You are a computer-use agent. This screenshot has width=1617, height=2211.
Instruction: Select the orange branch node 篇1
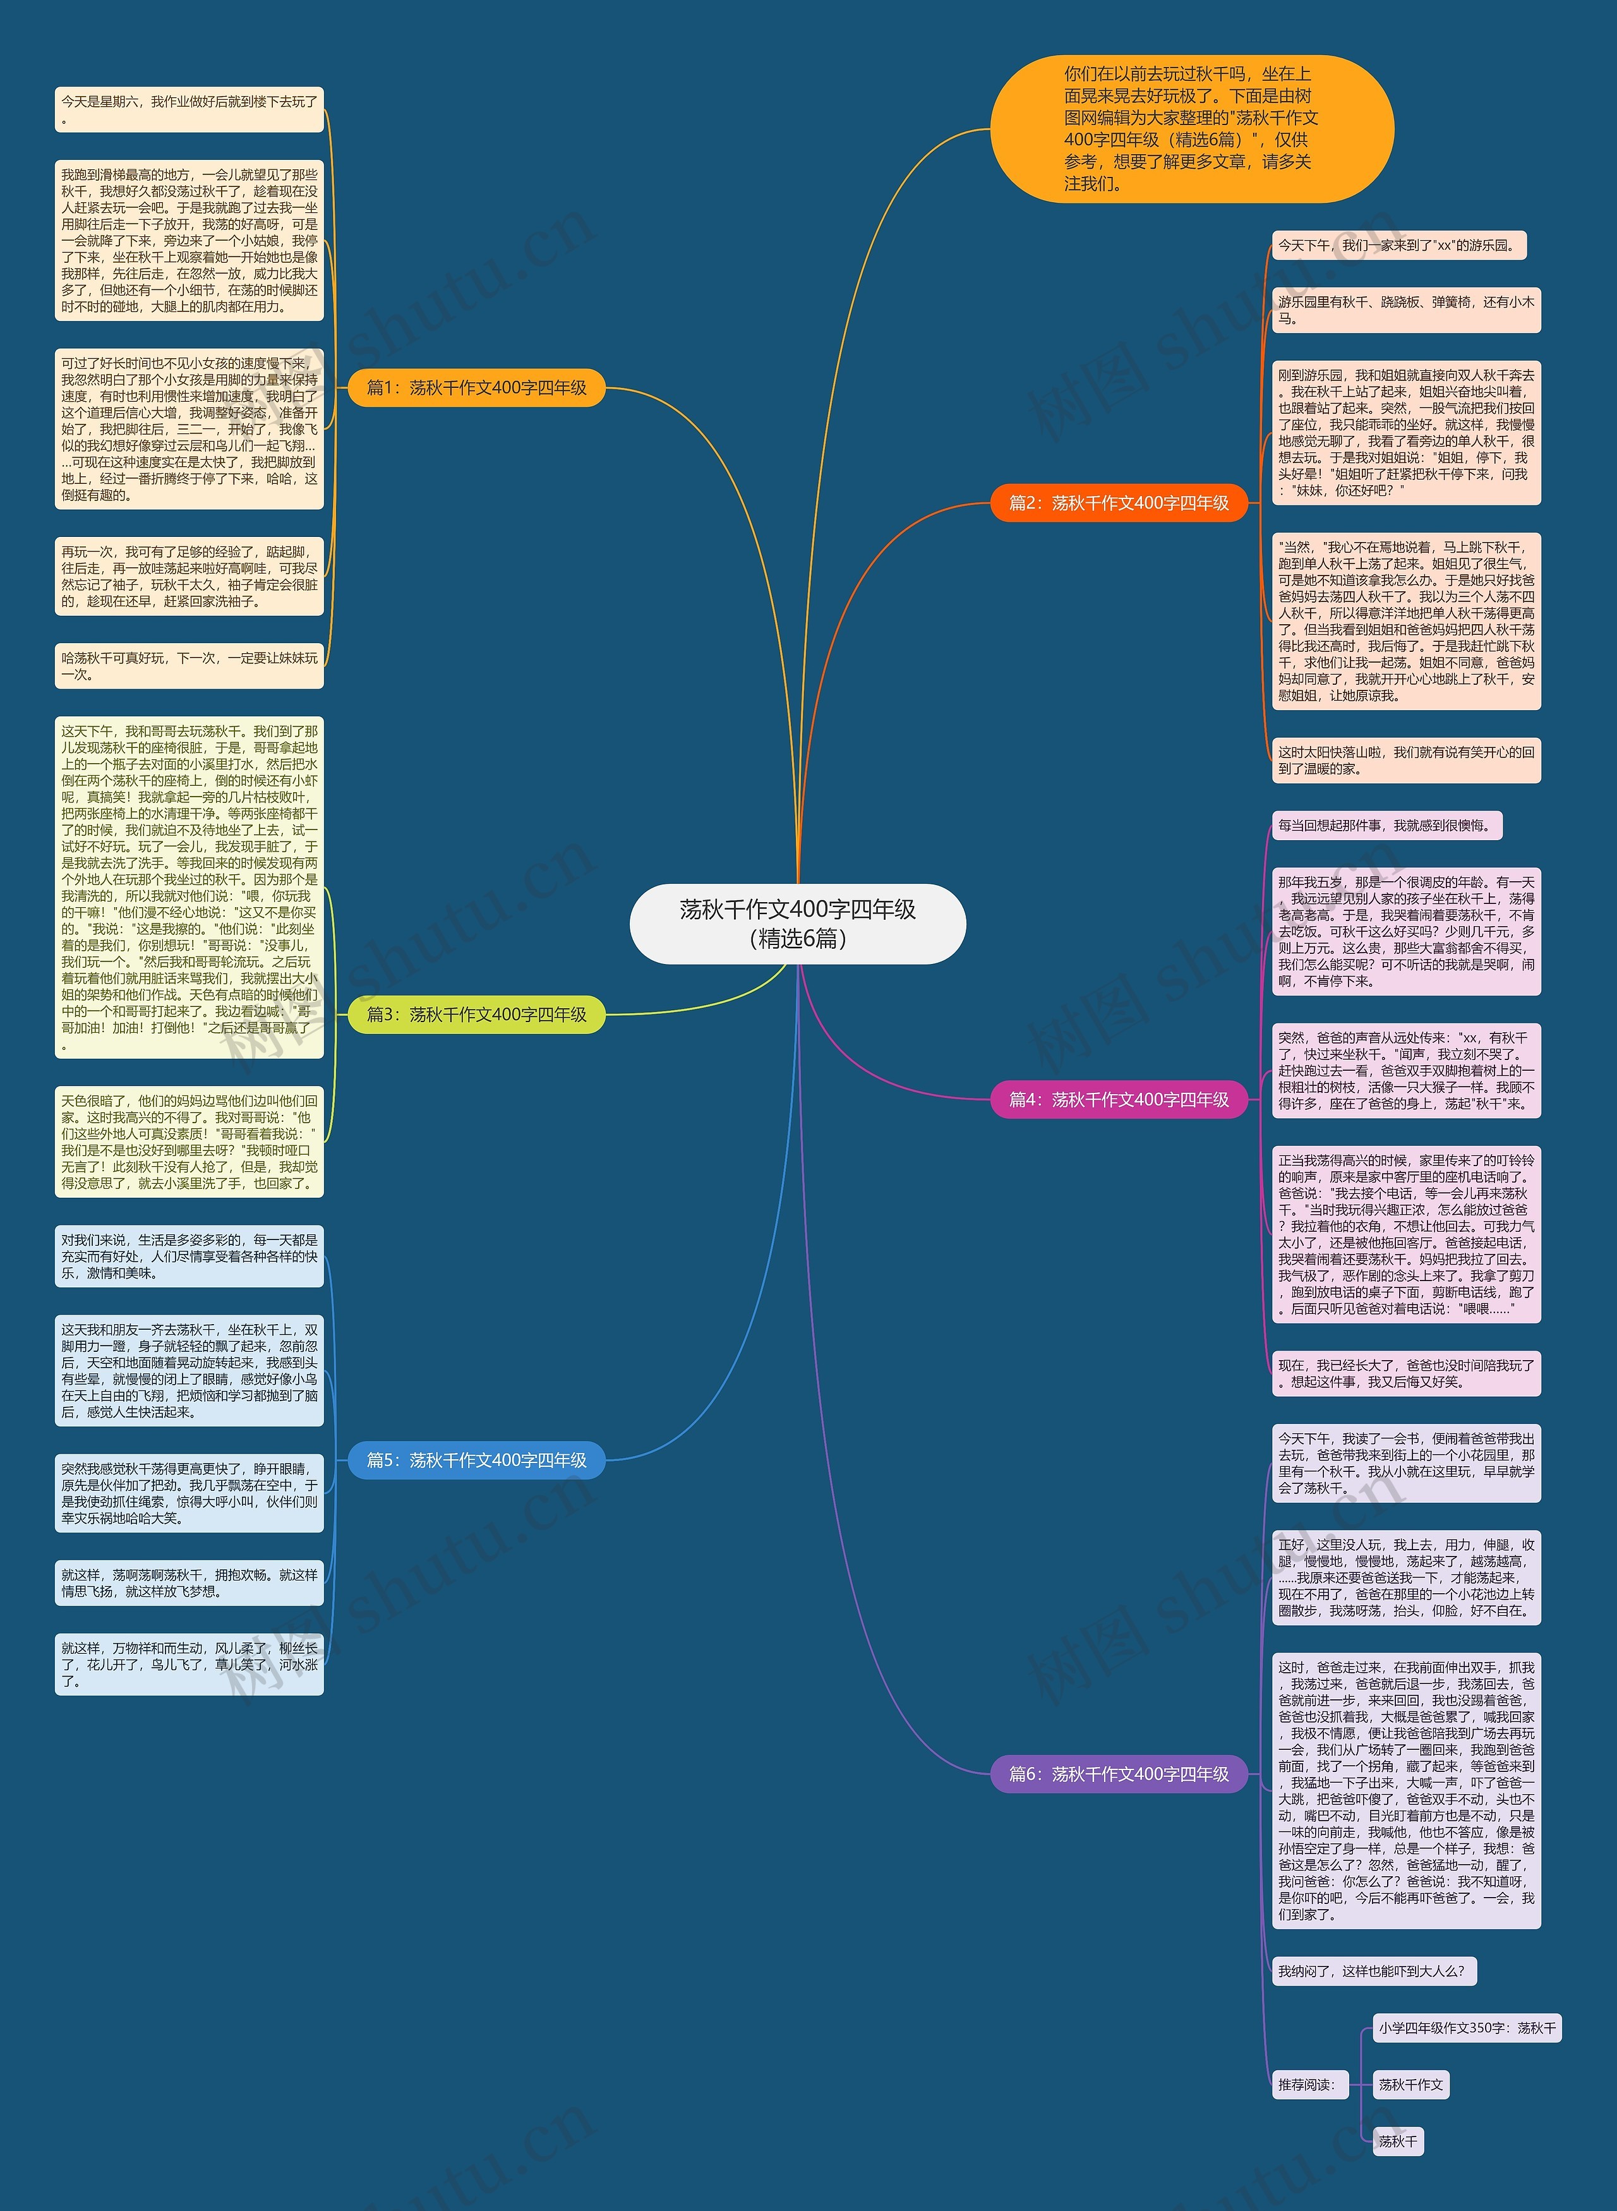pyautogui.click(x=477, y=388)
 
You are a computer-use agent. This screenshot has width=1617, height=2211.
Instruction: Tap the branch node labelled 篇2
pyautogui.click(x=1119, y=503)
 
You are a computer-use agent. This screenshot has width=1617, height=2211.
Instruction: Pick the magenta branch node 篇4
pyautogui.click(x=1119, y=1099)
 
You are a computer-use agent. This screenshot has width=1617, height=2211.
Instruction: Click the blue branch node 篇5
pyautogui.click(x=477, y=1461)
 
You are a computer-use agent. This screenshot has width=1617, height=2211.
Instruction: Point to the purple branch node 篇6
pyautogui.click(x=1119, y=1773)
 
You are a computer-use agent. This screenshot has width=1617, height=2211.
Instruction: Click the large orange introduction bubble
pyautogui.click(x=1191, y=128)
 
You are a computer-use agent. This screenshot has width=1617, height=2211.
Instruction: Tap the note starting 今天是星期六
pyautogui.click(x=189, y=109)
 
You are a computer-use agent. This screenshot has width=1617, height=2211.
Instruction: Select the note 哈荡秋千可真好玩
pyautogui.click(x=189, y=666)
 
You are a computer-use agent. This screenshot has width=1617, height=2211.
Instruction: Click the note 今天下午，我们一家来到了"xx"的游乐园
pyautogui.click(x=1398, y=246)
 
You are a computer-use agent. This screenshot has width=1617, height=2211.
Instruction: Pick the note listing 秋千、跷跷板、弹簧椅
pyautogui.click(x=1405, y=310)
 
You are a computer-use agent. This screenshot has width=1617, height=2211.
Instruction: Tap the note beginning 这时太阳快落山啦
pyautogui.click(x=1405, y=761)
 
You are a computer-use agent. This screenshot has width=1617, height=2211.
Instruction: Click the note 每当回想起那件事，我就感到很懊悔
pyautogui.click(x=1386, y=825)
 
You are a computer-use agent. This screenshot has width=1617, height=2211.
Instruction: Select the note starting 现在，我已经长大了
pyautogui.click(x=1405, y=1373)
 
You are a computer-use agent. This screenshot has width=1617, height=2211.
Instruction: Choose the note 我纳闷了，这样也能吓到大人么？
pyautogui.click(x=1373, y=1971)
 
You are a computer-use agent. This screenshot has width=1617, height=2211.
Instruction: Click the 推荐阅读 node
pyautogui.click(x=1306, y=2085)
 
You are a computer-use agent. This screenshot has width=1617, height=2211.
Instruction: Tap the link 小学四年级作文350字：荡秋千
pyautogui.click(x=1466, y=2028)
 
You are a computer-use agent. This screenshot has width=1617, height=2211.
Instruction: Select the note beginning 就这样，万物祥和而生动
pyautogui.click(x=189, y=1664)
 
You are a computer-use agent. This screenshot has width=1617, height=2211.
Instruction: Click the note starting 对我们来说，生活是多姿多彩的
pyautogui.click(x=189, y=1256)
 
